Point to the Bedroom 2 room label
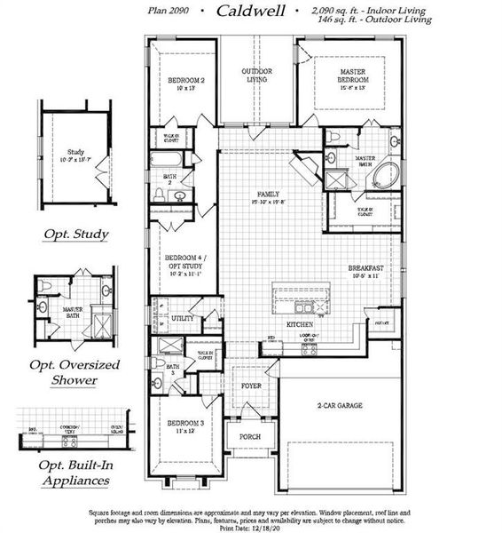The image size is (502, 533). (186, 85)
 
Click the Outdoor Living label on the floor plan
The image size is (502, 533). (257, 76)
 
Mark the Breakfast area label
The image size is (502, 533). (365, 271)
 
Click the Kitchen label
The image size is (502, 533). (298, 325)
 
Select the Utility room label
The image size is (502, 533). (183, 317)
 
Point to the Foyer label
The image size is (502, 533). (251, 387)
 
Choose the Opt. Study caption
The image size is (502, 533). (76, 235)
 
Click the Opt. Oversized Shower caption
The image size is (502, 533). (76, 372)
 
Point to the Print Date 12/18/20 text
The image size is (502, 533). (250, 528)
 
